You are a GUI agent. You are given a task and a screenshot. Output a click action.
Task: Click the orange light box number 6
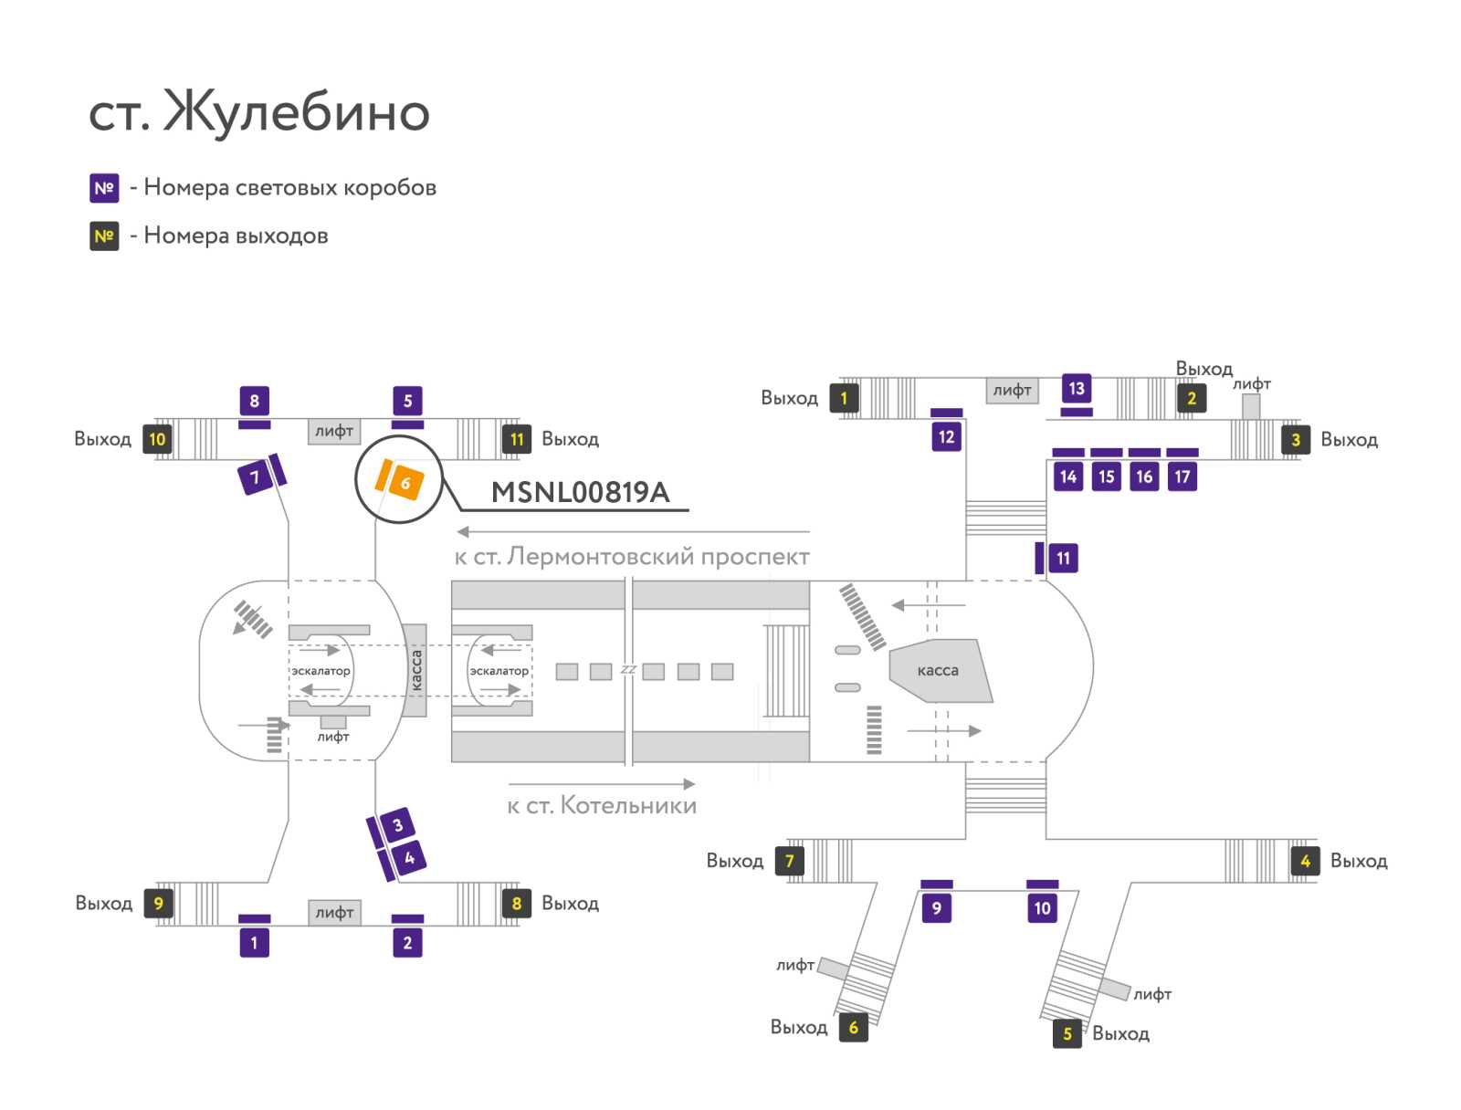tap(405, 482)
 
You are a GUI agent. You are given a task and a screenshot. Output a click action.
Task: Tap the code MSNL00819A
tap(580, 492)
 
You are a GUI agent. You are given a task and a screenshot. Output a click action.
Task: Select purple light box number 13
tap(1077, 388)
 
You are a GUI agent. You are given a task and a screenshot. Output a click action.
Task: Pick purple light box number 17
tap(1182, 476)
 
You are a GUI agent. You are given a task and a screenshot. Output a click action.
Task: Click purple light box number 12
tap(946, 437)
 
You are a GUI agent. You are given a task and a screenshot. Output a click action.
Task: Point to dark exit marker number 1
tap(844, 398)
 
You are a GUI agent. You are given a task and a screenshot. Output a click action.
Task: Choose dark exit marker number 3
tap(1295, 440)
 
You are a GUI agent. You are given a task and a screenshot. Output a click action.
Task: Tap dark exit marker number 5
tap(1067, 1032)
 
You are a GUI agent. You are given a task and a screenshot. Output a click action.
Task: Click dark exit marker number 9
tap(158, 903)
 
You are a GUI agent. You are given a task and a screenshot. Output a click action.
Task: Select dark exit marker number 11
tap(517, 439)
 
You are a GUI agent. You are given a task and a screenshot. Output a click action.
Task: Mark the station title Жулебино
tap(296, 111)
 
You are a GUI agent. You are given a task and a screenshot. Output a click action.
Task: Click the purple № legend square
tap(104, 188)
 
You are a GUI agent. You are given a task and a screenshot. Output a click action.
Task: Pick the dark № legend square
tap(104, 236)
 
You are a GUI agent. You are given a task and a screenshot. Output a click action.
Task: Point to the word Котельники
tap(628, 805)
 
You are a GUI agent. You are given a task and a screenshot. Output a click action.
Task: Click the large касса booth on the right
tap(940, 670)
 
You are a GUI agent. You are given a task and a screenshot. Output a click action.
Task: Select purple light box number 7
tap(255, 477)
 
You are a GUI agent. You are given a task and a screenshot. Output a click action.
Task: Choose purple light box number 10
tap(1043, 908)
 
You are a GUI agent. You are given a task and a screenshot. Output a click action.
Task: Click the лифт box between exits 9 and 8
tap(334, 912)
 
